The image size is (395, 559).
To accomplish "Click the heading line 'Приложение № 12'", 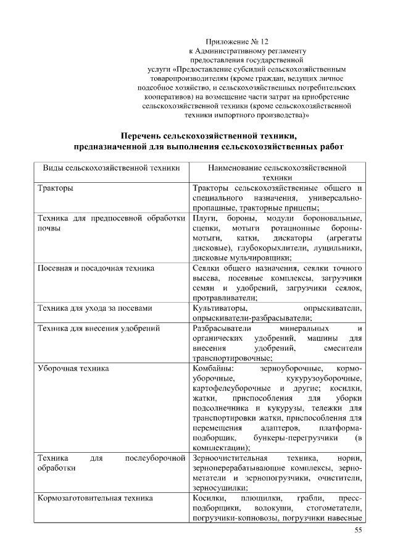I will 247,41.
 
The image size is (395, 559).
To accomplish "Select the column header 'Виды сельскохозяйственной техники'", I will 111,167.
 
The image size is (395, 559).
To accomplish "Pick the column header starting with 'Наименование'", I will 277,167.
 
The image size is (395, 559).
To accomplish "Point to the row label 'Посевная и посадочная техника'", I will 96,268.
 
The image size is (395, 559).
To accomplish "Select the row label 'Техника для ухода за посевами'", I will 94,308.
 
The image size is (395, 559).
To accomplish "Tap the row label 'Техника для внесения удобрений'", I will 98,328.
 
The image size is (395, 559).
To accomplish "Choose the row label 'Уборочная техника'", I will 73,368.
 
